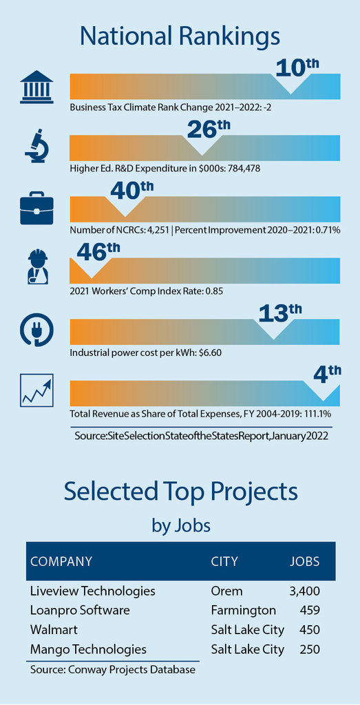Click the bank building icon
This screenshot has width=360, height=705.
click(36, 87)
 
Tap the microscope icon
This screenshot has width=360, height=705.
click(37, 145)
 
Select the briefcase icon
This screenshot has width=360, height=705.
click(36, 208)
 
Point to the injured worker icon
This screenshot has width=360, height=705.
click(37, 268)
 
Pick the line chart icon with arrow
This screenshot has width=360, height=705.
click(37, 390)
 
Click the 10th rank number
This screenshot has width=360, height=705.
click(297, 67)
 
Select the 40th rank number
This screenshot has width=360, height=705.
click(131, 191)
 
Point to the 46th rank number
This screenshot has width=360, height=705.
click(98, 253)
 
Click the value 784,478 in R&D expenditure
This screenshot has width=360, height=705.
click(246, 169)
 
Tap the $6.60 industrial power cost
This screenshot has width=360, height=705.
click(211, 352)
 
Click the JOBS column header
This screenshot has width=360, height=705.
click(304, 562)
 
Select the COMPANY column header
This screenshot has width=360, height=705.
click(61, 562)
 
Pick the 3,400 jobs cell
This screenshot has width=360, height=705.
click(304, 591)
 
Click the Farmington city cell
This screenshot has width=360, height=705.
click(243, 610)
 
